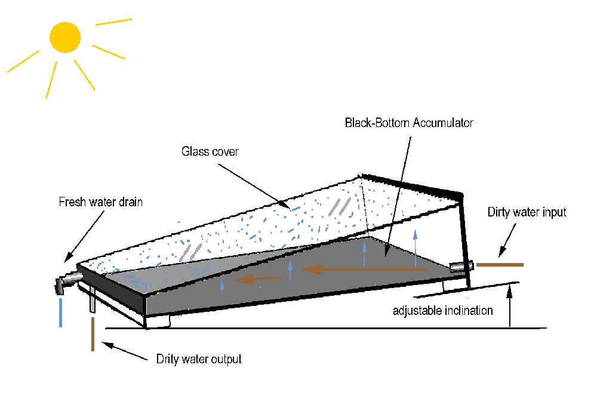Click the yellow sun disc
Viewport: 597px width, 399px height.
[x=64, y=38]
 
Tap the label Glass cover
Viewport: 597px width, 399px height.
[x=210, y=151]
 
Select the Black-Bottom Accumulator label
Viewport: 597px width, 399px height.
[x=409, y=123]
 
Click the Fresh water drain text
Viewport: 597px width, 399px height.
[x=100, y=202]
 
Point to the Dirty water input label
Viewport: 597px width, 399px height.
[x=527, y=212]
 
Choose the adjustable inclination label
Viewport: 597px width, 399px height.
[x=442, y=310]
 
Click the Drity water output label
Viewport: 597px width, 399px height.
[x=199, y=359]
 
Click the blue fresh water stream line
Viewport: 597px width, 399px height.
[x=60, y=313]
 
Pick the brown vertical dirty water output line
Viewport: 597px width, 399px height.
[x=93, y=335]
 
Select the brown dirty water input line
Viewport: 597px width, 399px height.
[x=499, y=264]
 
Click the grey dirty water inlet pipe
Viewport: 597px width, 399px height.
[x=461, y=267]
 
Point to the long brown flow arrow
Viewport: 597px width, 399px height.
[x=364, y=270]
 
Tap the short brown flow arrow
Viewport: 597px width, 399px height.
[x=257, y=278]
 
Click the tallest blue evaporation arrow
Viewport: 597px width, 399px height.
[x=416, y=248]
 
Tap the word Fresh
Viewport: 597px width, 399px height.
[x=71, y=202]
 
